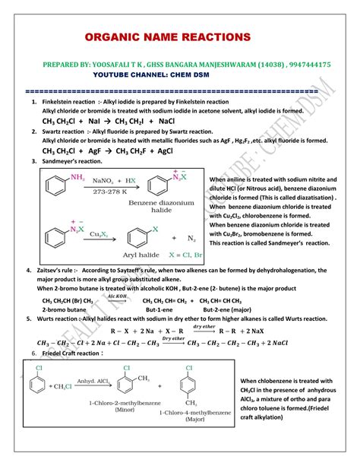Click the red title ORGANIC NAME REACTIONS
click(x=168, y=37)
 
